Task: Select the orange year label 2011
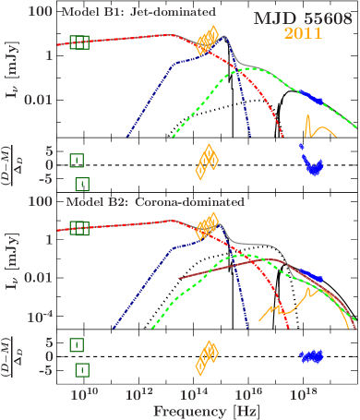coord(302,34)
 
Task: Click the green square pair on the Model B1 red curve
coord(79,41)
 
